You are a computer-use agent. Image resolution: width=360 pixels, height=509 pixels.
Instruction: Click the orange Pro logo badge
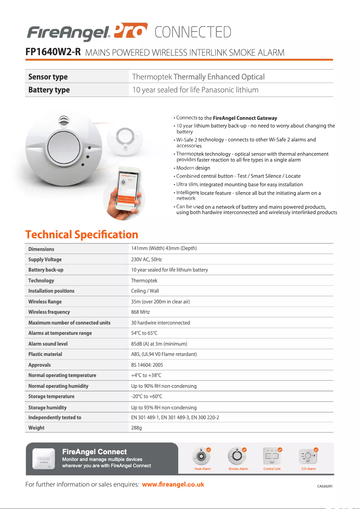131,31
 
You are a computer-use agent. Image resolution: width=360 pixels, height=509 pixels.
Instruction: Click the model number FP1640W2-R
53,52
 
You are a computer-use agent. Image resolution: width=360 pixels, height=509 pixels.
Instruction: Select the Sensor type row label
48,77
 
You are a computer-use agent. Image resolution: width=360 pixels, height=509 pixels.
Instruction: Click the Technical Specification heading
82,235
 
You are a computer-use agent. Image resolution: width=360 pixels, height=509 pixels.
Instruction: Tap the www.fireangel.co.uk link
173,484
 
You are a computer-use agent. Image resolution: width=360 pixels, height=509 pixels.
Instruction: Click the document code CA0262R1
328,486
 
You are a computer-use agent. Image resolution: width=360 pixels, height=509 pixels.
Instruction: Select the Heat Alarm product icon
202,456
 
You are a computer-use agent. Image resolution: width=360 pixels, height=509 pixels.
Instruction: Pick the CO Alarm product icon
308,456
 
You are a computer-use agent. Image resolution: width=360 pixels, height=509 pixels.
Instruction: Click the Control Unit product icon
272,456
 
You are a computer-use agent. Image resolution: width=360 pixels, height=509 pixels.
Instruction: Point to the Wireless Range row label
45,302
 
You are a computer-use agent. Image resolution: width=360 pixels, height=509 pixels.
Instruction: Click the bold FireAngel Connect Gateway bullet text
245,118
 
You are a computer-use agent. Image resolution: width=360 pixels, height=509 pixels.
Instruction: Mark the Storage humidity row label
47,408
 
